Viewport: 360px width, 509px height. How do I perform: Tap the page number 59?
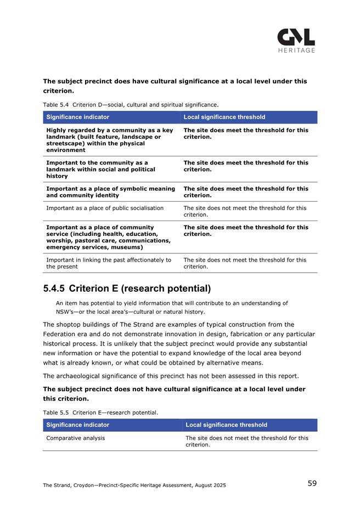pyautogui.click(x=312, y=483)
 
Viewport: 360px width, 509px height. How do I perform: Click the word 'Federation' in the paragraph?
pyautogui.click(x=61, y=333)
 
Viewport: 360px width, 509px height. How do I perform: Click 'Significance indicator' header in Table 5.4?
pyautogui.click(x=78, y=117)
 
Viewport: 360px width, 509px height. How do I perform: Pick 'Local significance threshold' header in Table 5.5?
pyautogui.click(x=226, y=425)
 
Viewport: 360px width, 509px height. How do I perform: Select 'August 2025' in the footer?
pyautogui.click(x=209, y=484)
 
